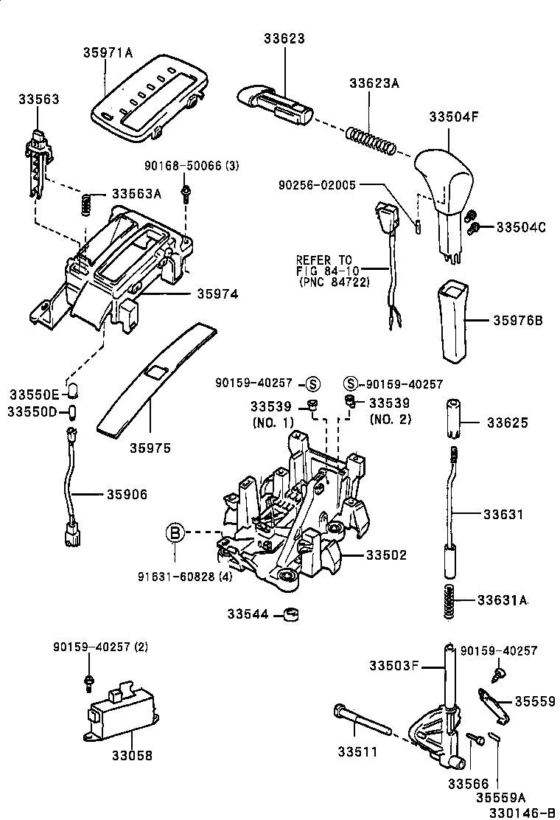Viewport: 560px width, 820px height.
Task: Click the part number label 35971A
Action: [x=108, y=52]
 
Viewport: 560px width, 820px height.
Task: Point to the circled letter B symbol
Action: [x=174, y=532]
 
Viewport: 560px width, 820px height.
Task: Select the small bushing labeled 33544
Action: [x=294, y=614]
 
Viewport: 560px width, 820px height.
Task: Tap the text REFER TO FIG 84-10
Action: [x=325, y=271]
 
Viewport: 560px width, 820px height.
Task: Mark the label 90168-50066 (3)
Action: [x=193, y=166]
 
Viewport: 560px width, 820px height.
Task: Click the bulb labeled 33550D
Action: [x=72, y=411]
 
